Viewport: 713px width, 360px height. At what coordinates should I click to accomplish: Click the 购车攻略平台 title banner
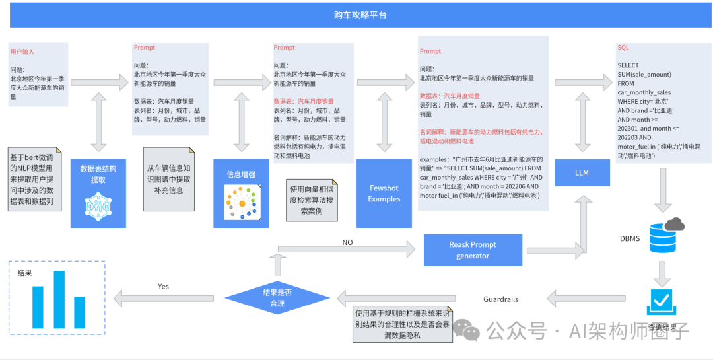coord(360,15)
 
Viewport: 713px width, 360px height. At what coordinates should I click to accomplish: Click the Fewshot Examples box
coord(384,193)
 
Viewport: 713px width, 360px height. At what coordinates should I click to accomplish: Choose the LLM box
coord(581,173)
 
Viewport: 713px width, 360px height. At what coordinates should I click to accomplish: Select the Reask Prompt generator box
coord(473,250)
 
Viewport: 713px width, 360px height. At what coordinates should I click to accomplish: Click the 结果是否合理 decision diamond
coord(277,298)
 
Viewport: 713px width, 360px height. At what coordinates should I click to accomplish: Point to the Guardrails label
coord(501,299)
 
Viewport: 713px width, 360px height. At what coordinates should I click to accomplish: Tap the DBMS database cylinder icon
coord(663,234)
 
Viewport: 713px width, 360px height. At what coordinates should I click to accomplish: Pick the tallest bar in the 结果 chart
coord(59,299)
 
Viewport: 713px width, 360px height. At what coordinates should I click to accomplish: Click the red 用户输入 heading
coord(22,51)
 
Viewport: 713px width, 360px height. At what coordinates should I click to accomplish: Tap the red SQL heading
coord(623,48)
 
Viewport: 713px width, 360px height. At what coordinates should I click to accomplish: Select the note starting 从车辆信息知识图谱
coord(169,178)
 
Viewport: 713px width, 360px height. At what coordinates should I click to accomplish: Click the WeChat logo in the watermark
coord(471,330)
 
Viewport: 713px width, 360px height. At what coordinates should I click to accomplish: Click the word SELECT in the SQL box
coord(628,65)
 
